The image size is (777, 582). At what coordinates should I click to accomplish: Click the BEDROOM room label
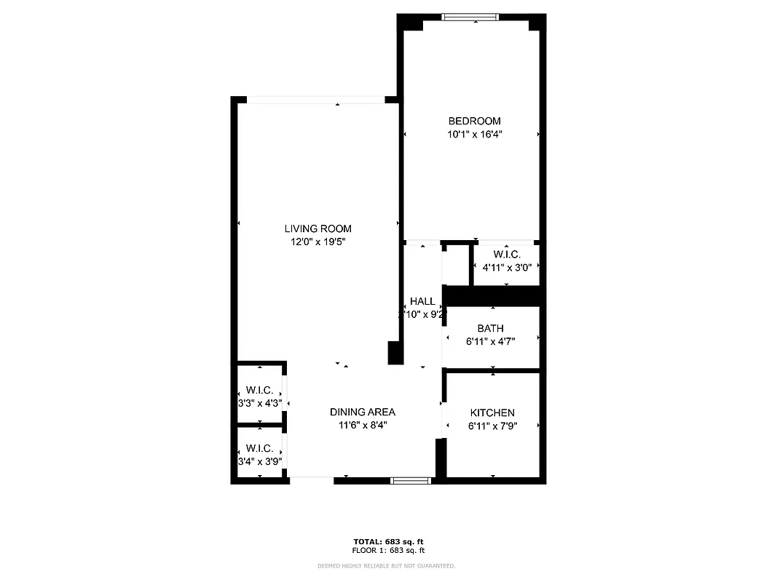[x=474, y=121]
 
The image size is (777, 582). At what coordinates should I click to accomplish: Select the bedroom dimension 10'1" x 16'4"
[x=474, y=134]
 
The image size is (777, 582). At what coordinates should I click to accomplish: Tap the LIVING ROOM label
[x=317, y=229]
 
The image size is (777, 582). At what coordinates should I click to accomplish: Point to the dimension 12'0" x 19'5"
[x=317, y=242]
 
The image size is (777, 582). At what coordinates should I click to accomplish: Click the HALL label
[x=422, y=301]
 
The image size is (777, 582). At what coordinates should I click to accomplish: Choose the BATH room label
[x=490, y=329]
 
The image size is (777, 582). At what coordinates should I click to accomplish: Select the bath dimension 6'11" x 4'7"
[x=490, y=341]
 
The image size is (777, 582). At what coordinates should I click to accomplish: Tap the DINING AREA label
[x=362, y=412]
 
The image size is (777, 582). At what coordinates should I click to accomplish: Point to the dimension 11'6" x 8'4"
[x=362, y=425]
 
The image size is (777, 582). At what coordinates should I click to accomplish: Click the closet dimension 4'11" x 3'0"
[x=507, y=267]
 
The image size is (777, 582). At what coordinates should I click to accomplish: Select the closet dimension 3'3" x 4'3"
[x=259, y=402]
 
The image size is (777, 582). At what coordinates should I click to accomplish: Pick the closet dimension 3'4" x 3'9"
[x=259, y=461]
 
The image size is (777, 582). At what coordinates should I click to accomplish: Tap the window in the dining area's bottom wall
[x=411, y=480]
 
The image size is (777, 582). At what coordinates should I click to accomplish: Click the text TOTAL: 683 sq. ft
[x=388, y=542]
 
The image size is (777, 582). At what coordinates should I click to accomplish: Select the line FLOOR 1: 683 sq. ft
[x=388, y=550]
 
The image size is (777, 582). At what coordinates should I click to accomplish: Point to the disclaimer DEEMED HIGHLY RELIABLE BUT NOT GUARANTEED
[x=386, y=565]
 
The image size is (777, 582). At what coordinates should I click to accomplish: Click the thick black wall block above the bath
[x=493, y=296]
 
